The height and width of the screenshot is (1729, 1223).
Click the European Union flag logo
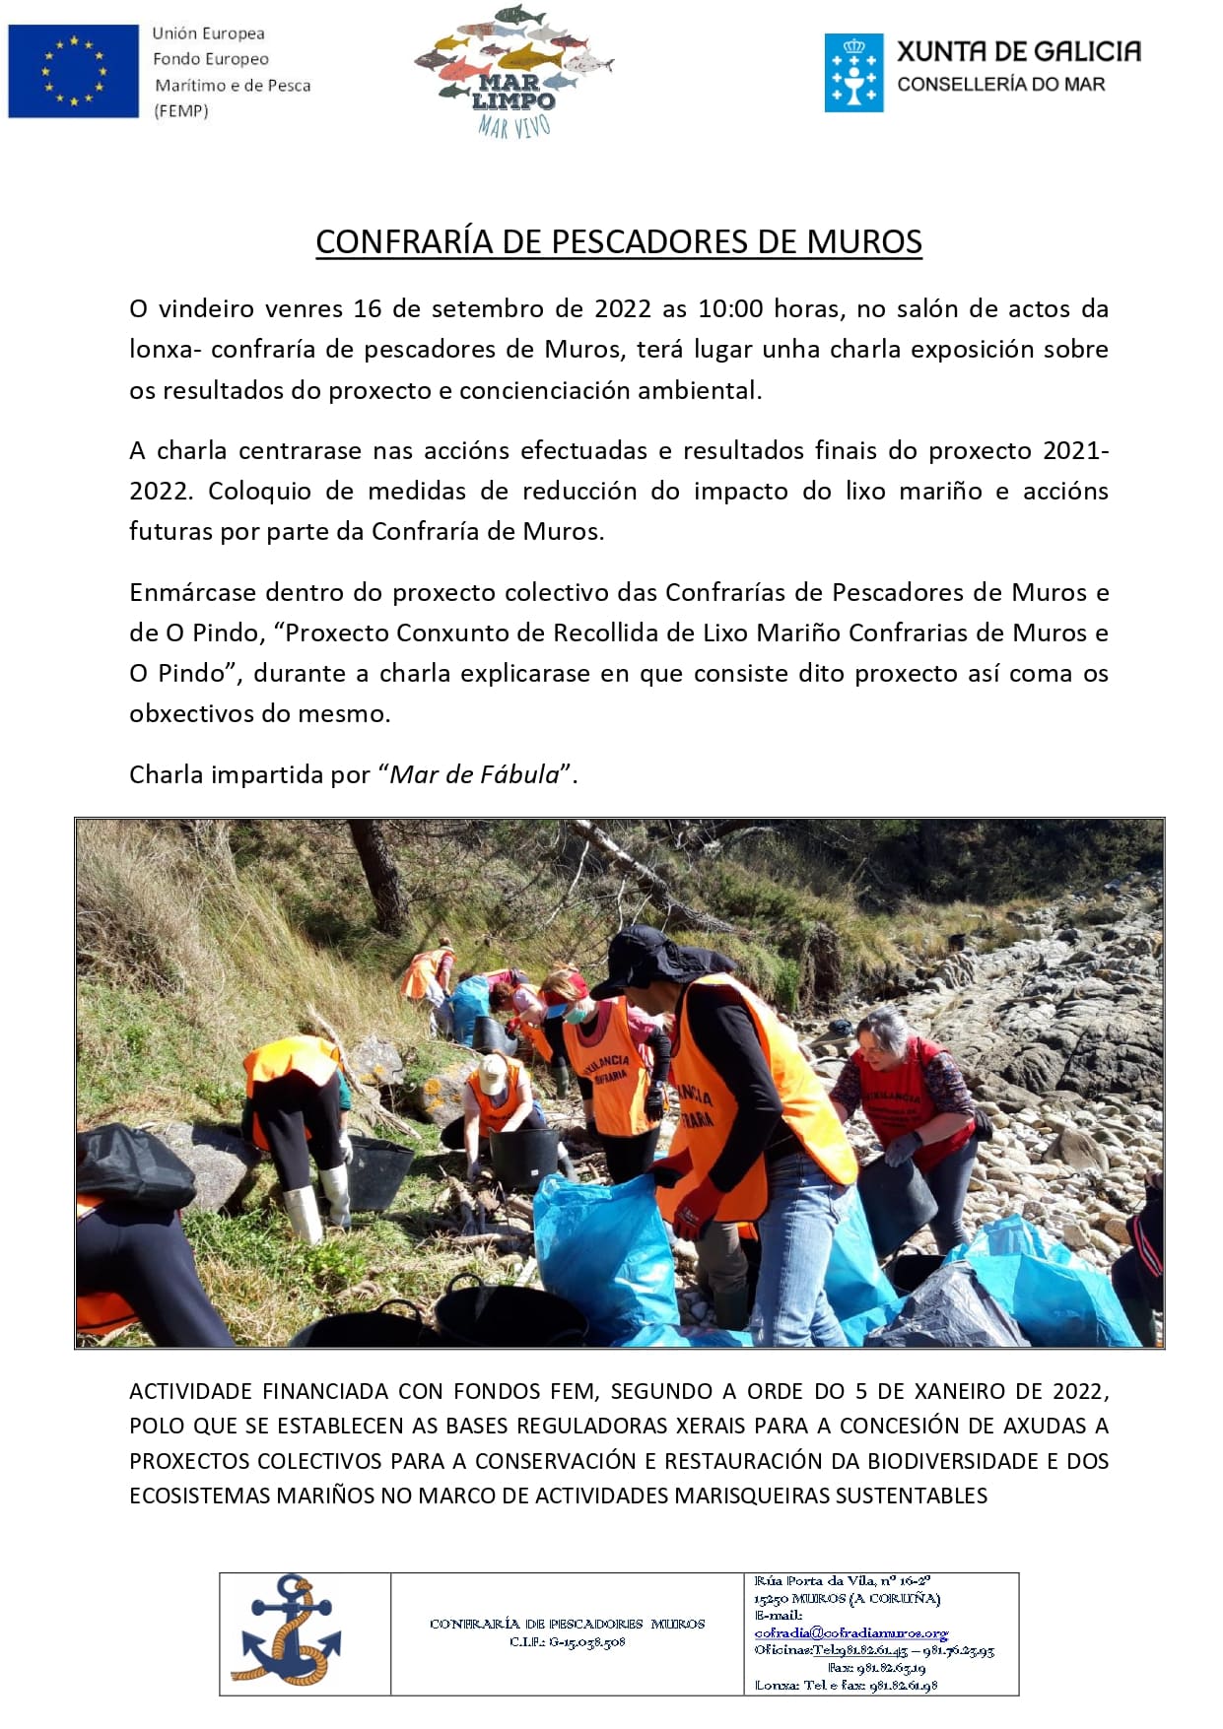click(x=73, y=71)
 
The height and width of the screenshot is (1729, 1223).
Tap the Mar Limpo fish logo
click(x=513, y=69)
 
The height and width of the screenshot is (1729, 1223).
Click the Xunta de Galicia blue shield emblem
click(x=853, y=72)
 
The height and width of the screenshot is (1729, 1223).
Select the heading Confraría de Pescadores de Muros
click(x=618, y=241)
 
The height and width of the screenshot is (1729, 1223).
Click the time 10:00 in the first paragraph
click(x=730, y=308)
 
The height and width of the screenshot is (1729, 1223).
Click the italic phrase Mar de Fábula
click(x=474, y=774)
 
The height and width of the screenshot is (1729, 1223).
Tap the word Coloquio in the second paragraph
click(x=259, y=491)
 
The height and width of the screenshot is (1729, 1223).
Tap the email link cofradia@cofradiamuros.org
click(x=850, y=1632)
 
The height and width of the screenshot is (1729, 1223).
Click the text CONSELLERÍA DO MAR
click(x=1000, y=85)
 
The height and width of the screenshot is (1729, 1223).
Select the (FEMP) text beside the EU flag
click(x=181, y=111)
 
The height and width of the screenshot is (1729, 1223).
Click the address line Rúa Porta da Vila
click(x=842, y=1580)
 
